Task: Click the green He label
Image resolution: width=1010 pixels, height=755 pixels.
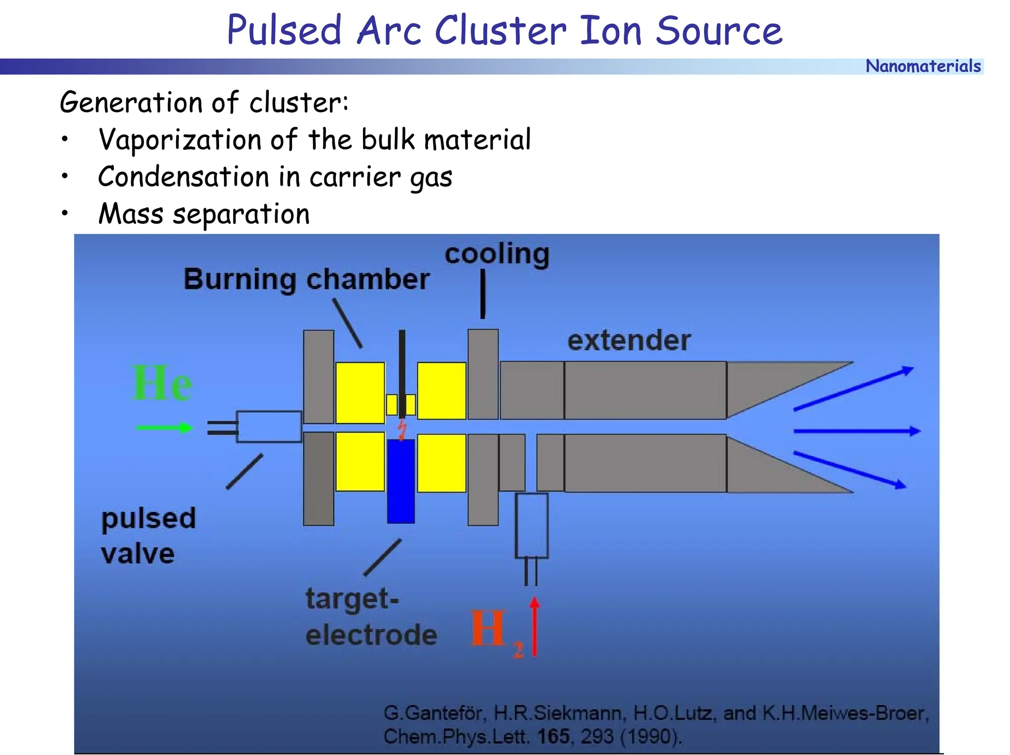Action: (x=162, y=384)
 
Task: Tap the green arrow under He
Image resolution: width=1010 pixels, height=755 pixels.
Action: (x=164, y=428)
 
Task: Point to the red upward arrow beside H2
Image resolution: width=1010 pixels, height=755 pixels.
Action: (x=535, y=627)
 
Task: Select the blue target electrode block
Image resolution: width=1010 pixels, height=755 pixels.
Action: (x=400, y=481)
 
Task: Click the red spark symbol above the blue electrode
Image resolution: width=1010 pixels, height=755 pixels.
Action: (x=402, y=429)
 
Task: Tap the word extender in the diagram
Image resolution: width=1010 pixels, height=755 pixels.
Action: (x=629, y=340)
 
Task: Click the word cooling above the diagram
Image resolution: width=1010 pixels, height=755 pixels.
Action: (x=497, y=254)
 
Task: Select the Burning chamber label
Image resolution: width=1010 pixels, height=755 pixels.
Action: (x=306, y=279)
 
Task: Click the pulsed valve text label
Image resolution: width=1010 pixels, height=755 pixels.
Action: (x=148, y=536)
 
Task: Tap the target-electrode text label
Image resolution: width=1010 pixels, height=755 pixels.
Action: (x=371, y=616)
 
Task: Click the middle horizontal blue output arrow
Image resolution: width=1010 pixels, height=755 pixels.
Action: (x=857, y=431)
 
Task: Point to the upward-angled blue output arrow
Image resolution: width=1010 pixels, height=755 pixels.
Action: (x=853, y=389)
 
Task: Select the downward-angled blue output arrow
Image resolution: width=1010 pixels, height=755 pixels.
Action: (x=850, y=469)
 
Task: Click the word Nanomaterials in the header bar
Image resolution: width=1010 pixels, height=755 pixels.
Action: (x=923, y=66)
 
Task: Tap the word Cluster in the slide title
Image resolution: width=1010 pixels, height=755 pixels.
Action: (x=501, y=31)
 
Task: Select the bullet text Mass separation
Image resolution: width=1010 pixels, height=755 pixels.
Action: (x=204, y=214)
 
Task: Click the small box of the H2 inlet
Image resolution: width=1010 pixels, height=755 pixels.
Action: (x=531, y=526)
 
